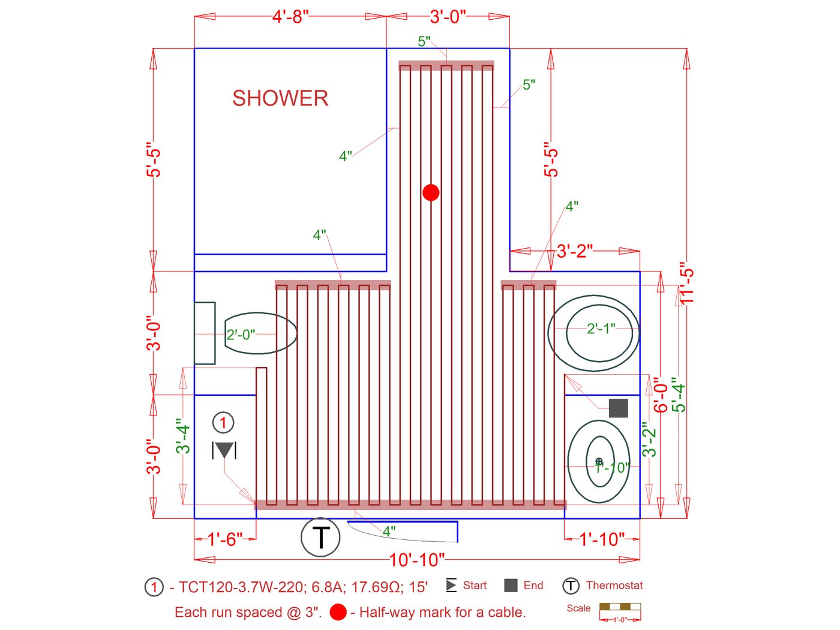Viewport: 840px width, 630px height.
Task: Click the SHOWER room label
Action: (280, 98)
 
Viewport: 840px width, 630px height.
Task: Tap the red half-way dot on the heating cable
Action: (431, 192)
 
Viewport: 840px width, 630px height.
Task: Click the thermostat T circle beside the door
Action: (320, 538)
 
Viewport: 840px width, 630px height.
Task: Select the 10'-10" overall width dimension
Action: (417, 560)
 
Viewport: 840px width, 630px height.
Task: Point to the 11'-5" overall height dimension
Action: (687, 283)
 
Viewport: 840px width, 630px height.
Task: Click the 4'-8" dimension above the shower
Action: (290, 17)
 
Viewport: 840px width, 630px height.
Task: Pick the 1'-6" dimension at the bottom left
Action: (225, 539)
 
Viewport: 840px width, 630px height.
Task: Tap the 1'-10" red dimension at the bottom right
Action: (602, 539)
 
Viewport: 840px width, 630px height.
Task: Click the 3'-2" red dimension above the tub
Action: (574, 251)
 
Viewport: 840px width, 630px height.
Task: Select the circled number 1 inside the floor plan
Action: (223, 423)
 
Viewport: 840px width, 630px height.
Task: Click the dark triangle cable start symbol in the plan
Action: (224, 450)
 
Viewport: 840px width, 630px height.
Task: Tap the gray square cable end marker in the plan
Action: (619, 408)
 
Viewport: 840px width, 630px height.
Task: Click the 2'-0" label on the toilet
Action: (241, 335)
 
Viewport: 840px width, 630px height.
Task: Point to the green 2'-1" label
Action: (601, 329)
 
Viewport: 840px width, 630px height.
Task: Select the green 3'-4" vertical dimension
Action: (183, 439)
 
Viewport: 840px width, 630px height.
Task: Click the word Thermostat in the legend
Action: (614, 585)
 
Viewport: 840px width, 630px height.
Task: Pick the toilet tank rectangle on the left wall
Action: (205, 333)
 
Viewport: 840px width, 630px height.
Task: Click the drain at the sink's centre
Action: (599, 461)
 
